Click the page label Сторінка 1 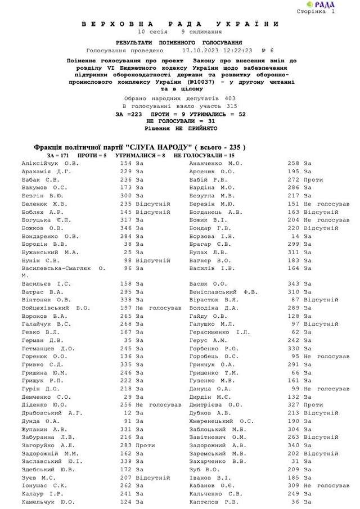(x=332, y=11)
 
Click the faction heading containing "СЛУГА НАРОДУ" (x=140, y=147)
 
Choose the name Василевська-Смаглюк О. (x=63, y=269)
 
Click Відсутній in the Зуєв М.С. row (x=152, y=478)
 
